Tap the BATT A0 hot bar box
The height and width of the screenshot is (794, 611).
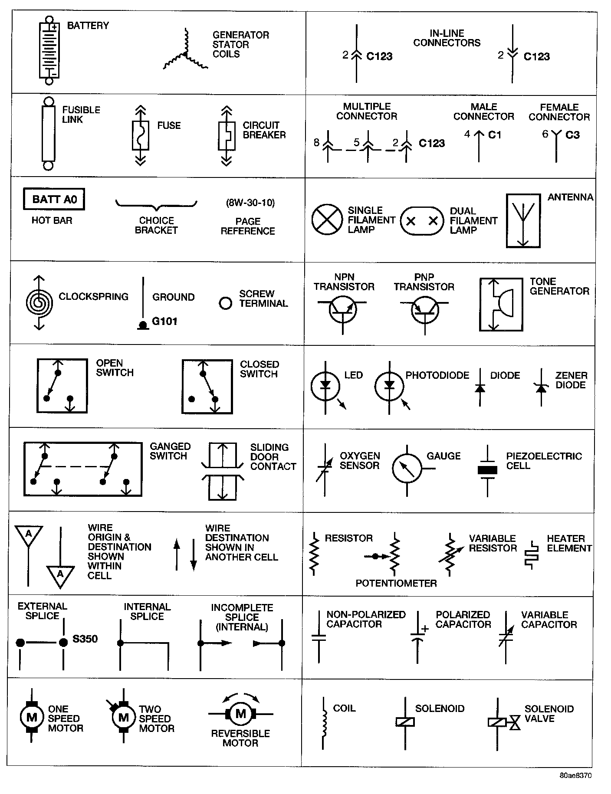pyautogui.click(x=54, y=199)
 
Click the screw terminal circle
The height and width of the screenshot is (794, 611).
pyautogui.click(x=226, y=303)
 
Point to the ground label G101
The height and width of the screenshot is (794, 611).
pyautogui.click(x=164, y=322)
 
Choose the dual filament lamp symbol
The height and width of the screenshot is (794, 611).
pyautogui.click(x=422, y=221)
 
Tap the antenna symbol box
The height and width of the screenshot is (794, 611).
pyautogui.click(x=523, y=221)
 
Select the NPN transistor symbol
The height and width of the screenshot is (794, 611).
pyautogui.click(x=343, y=309)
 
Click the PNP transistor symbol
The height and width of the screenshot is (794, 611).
pyautogui.click(x=425, y=310)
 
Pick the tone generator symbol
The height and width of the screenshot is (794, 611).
pyautogui.click(x=501, y=305)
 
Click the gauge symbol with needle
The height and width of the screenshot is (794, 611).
pyautogui.click(x=407, y=469)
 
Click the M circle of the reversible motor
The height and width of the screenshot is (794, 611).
pyautogui.click(x=241, y=713)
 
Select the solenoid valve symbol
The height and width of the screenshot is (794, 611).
pyautogui.click(x=503, y=722)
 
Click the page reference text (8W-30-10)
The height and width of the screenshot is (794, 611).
pyautogui.click(x=250, y=203)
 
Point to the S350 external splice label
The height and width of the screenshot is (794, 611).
pyautogui.click(x=85, y=639)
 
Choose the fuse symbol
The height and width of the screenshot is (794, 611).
pyautogui.click(x=140, y=135)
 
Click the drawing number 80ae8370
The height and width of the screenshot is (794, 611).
pyautogui.click(x=575, y=775)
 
